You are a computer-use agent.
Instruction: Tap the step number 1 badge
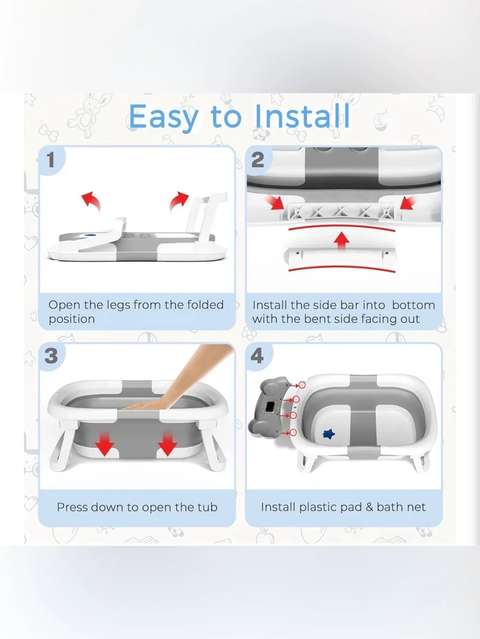pos(51,160)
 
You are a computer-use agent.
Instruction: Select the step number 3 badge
pos(51,356)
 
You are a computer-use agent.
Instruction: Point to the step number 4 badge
pos(257,356)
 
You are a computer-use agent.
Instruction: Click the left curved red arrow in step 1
pos(91,201)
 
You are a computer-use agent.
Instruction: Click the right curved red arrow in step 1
pos(179,201)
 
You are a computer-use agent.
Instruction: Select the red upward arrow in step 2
pos(342,241)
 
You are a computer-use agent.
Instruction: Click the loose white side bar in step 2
pos(340,256)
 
